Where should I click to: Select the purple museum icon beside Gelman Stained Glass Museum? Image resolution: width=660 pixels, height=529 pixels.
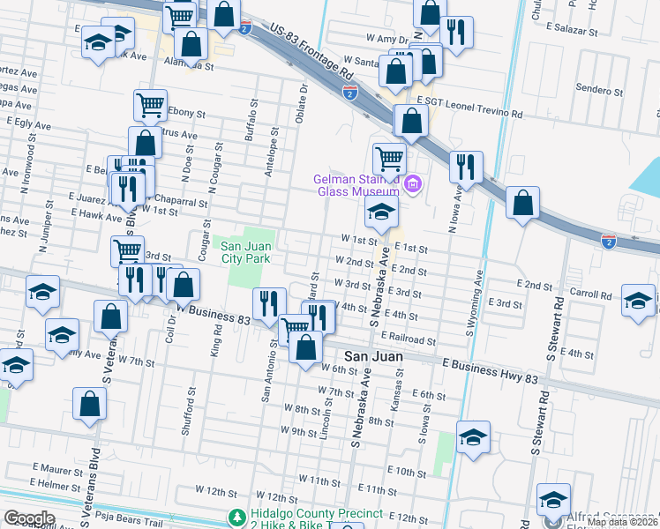(x=413, y=183)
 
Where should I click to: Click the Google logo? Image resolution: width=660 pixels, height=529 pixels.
(x=29, y=518)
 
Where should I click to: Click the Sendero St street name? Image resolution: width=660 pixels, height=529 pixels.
(x=599, y=89)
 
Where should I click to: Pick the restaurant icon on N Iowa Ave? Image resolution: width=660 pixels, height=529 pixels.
(x=466, y=165)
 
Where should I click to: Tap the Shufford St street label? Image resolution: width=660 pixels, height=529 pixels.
(x=188, y=412)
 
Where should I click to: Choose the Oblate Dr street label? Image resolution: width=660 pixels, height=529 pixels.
(x=303, y=103)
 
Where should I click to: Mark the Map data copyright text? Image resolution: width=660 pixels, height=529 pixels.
(x=622, y=522)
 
